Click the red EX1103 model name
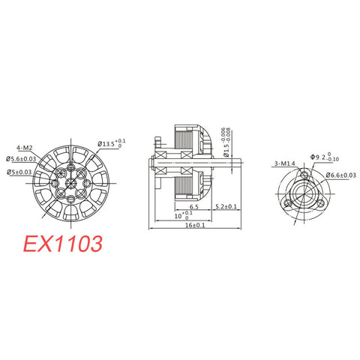62,245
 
